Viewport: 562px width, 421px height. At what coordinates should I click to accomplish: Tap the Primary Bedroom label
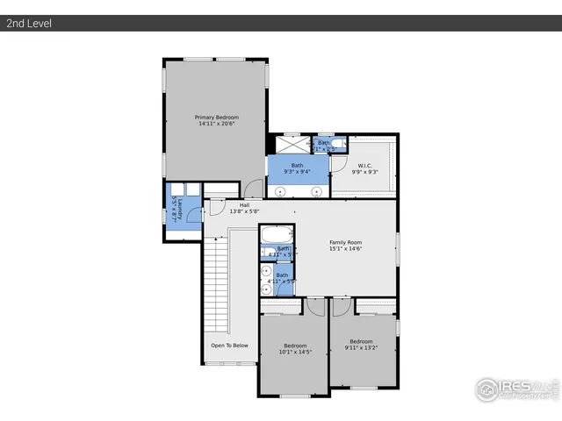pos(216,117)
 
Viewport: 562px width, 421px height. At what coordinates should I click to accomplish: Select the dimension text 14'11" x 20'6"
pos(216,124)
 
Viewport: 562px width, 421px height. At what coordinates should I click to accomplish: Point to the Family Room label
pos(345,242)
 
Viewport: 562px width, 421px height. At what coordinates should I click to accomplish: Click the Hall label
pos(244,205)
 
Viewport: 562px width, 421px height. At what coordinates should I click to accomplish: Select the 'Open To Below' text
pos(229,346)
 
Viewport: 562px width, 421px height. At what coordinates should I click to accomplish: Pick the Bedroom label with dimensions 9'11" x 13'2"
pos(361,341)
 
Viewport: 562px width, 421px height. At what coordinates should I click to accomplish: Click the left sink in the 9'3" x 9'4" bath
pos(281,190)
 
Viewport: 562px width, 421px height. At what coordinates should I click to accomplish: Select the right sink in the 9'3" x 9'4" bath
pos(316,190)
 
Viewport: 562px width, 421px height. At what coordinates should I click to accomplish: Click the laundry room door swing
pos(213,210)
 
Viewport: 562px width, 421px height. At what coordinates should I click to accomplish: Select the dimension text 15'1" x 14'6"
pos(345,249)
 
